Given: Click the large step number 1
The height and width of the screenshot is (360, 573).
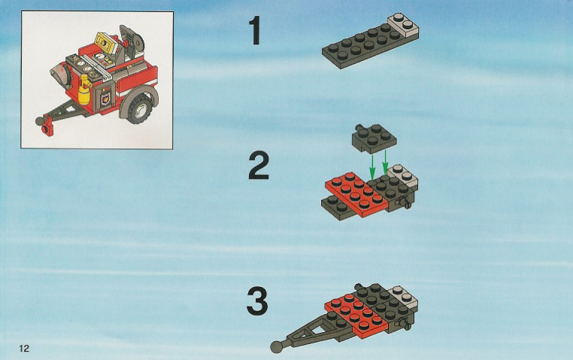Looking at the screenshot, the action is (256, 30).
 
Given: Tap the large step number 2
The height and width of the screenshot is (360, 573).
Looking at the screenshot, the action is (259, 166).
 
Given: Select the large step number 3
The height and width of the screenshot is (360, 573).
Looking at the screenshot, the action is (257, 301).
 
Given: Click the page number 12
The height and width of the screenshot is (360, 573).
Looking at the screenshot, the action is (24, 348).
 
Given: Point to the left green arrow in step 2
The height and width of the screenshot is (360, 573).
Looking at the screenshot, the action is (372, 165).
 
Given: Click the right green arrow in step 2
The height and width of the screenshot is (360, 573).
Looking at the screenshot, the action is (385, 163).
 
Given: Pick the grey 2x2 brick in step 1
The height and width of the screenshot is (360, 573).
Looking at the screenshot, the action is (404, 26).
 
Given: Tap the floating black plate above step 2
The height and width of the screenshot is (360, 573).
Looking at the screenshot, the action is (374, 138).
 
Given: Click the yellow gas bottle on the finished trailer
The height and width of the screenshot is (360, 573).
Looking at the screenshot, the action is (85, 89).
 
